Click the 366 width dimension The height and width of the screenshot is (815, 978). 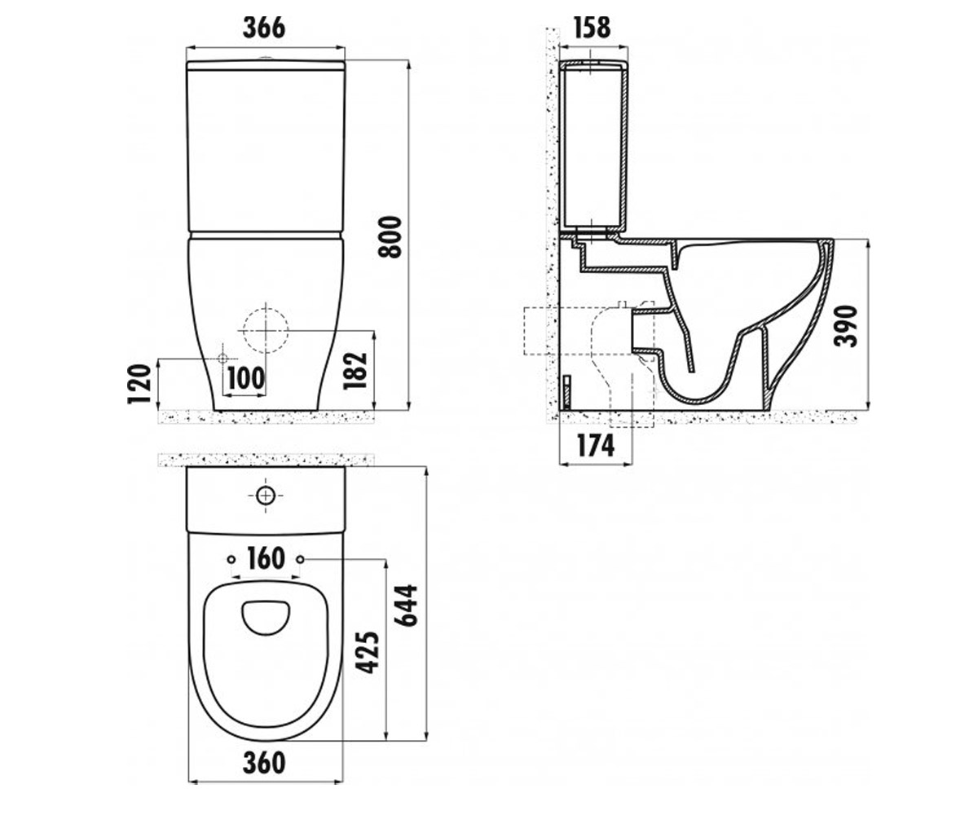(264, 28)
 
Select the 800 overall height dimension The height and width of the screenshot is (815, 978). (390, 237)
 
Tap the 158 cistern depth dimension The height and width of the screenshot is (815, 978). (592, 28)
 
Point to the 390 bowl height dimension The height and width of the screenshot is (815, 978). (845, 326)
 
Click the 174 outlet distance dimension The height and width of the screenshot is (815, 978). (595, 446)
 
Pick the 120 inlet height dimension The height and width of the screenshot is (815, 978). (140, 384)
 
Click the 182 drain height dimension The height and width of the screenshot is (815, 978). (355, 371)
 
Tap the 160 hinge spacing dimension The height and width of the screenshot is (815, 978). (265, 559)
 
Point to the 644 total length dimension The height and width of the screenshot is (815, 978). (406, 606)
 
